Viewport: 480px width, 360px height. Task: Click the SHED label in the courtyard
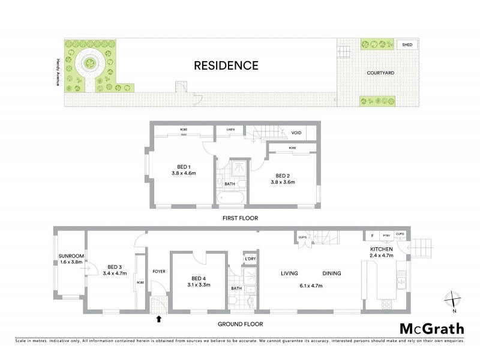[x=407, y=45]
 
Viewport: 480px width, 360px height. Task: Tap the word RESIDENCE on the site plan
[x=226, y=65]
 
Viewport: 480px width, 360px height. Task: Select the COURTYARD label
[x=380, y=73]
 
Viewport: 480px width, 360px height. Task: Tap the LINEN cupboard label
[x=230, y=130]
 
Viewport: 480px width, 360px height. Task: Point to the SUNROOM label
[x=71, y=256]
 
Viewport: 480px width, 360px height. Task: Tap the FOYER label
[x=159, y=271]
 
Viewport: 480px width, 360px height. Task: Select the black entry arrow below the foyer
[x=158, y=319]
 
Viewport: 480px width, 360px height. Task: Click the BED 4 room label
[x=199, y=278]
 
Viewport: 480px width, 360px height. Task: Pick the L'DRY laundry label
[x=250, y=259]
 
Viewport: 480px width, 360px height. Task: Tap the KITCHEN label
[x=381, y=249]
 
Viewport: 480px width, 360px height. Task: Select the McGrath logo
[x=431, y=328]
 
